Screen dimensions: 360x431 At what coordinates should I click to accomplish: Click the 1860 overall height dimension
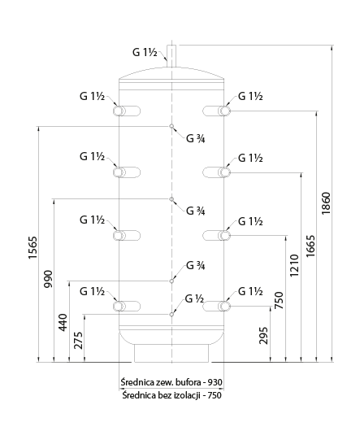[326, 203]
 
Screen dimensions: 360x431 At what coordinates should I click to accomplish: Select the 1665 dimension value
[311, 246]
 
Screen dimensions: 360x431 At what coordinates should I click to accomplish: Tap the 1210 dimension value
[295, 266]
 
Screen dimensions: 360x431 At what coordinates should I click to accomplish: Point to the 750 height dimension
[279, 300]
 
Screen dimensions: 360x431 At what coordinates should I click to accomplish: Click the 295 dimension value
[263, 335]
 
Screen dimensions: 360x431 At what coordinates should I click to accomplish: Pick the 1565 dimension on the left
[33, 247]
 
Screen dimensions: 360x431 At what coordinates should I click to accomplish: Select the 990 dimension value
[48, 279]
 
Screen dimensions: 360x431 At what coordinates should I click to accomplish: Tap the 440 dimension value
[63, 322]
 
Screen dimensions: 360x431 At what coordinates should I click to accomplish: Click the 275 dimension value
[79, 341]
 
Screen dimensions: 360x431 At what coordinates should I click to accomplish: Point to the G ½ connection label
[194, 298]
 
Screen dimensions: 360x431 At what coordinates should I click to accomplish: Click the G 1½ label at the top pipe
[145, 52]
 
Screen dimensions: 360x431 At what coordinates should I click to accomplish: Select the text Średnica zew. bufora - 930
[171, 382]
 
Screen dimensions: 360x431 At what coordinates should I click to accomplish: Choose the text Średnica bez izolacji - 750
[172, 395]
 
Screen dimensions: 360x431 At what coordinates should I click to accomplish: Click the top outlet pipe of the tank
[171, 56]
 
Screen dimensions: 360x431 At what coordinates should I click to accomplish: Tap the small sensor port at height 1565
[171, 126]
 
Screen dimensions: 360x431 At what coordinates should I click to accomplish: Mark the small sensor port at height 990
[171, 199]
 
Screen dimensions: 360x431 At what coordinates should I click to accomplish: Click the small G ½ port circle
[171, 314]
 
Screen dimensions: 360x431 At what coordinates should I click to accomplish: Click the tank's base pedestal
[171, 353]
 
